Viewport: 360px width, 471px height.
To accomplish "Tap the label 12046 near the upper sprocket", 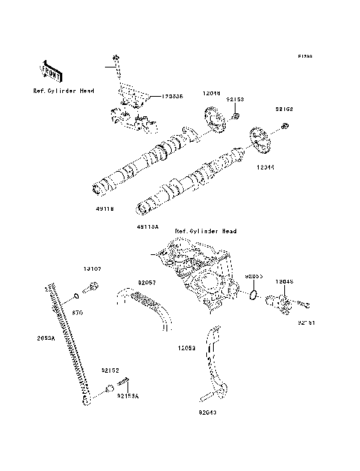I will [x=211, y=94].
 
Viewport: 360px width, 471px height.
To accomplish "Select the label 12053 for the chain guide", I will [x=187, y=349].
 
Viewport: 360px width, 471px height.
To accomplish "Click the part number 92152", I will [x=110, y=370].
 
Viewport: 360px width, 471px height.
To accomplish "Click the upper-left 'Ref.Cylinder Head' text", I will [x=64, y=90].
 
